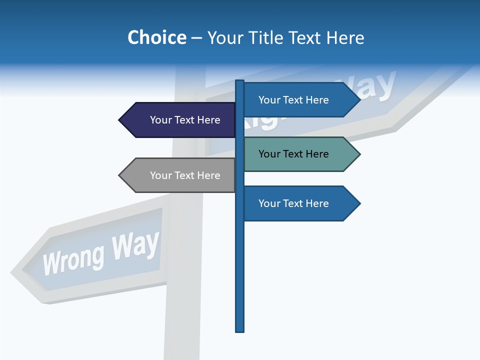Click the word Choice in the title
pyautogui.click(x=156, y=37)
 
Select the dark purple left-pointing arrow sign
pyautogui.click(x=180, y=120)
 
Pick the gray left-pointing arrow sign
pyautogui.click(x=180, y=175)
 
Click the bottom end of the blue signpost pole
pyautogui.click(x=240, y=330)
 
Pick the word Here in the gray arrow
pyautogui.click(x=208, y=175)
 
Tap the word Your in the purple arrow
pyautogui.click(x=160, y=120)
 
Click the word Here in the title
pyautogui.click(x=345, y=37)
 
